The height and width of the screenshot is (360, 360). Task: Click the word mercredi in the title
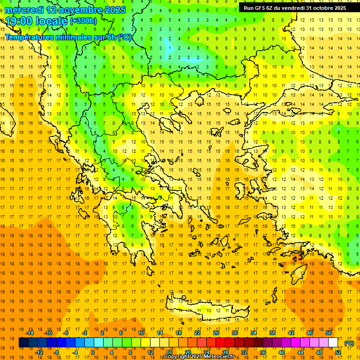point(24,10)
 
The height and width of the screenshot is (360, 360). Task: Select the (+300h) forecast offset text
point(83,21)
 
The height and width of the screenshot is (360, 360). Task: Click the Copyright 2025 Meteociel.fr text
point(199,357)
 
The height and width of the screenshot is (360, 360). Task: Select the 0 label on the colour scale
point(93,352)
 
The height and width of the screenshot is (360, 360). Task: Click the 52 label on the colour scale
point(338,352)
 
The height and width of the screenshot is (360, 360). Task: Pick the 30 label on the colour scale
point(235,333)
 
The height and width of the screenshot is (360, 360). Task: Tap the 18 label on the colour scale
point(179,333)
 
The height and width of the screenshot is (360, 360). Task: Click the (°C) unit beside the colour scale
point(349,343)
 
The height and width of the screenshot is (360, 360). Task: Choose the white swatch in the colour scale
point(333,343)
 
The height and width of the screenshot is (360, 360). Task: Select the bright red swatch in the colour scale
point(221,343)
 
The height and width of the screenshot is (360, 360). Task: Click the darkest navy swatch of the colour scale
point(24,343)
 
